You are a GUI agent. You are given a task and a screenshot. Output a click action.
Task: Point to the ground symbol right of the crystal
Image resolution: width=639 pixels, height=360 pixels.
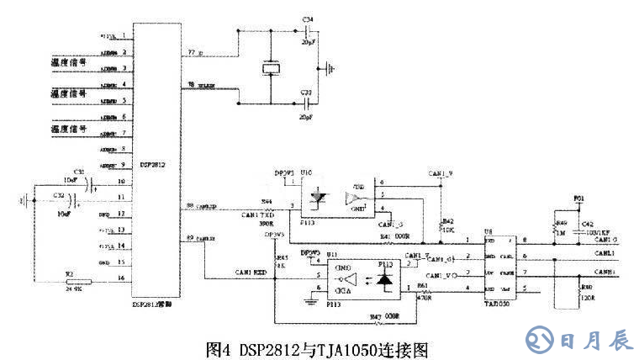pyautogui.click(x=332, y=66)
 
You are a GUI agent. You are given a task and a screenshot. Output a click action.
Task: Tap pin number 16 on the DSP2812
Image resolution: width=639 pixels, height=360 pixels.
pyautogui.click(x=123, y=277)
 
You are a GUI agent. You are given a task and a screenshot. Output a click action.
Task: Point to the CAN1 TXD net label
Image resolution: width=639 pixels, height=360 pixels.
pyautogui.click(x=256, y=216)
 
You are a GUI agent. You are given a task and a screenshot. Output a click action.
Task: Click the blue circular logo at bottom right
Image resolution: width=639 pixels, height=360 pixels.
pyautogui.click(x=539, y=340)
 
